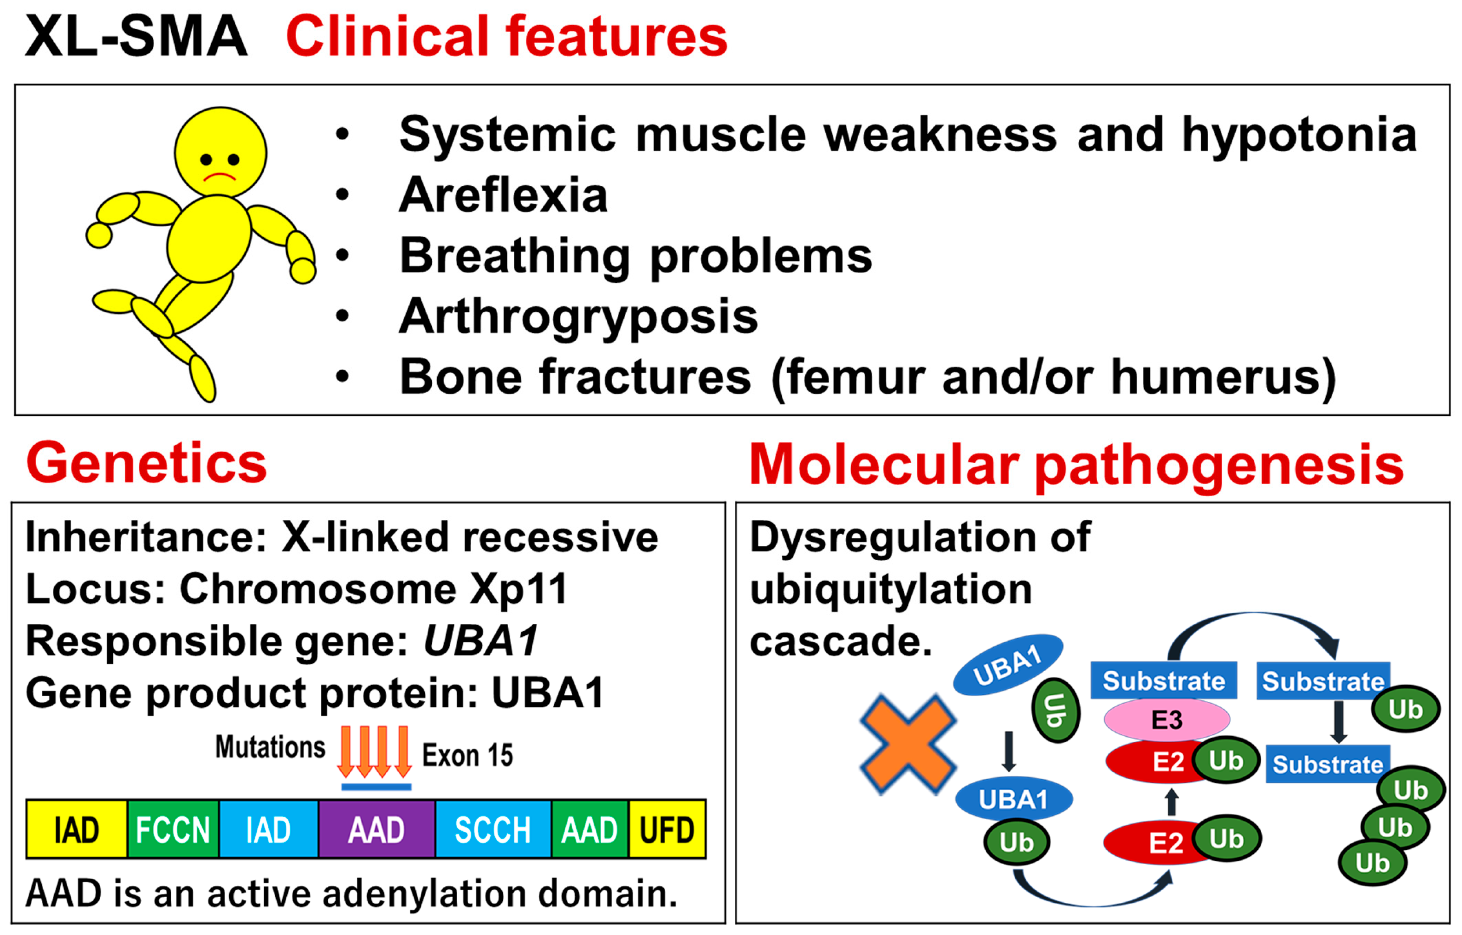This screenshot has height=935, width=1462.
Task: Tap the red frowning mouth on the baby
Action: pyautogui.click(x=219, y=177)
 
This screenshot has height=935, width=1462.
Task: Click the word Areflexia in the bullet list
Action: pyautogui.click(x=503, y=196)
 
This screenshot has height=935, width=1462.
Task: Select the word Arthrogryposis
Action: pyautogui.click(x=578, y=316)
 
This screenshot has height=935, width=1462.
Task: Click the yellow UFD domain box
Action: pyautogui.click(x=667, y=830)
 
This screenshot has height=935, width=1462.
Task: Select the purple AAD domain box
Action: pyautogui.click(x=376, y=830)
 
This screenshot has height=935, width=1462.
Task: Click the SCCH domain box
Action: pyautogui.click(x=492, y=830)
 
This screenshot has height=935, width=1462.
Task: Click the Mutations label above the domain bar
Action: pyautogui.click(x=270, y=747)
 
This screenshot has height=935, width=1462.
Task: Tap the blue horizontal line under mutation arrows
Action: pyautogui.click(x=376, y=787)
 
